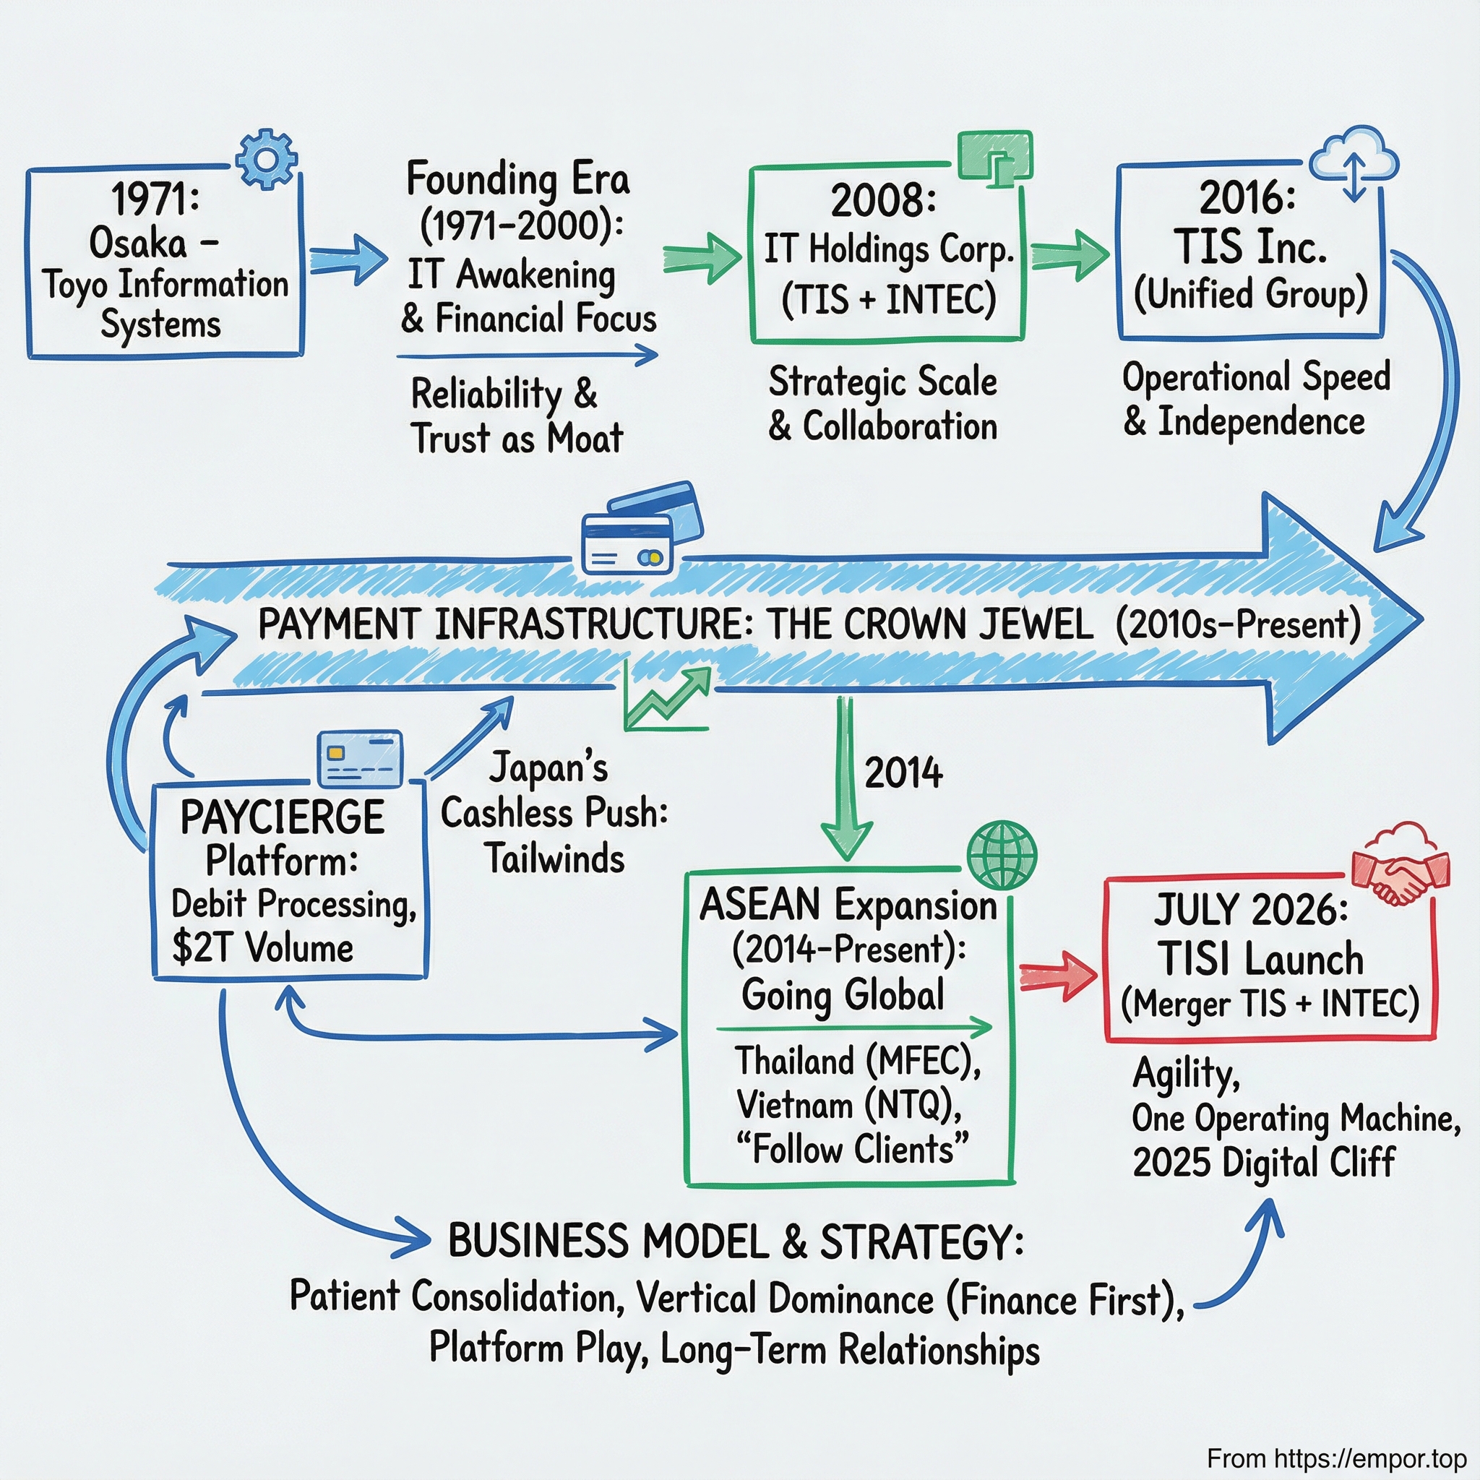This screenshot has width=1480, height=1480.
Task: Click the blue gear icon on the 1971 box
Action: pyautogui.click(x=266, y=158)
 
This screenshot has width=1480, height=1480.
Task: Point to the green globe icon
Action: pyautogui.click(x=1001, y=855)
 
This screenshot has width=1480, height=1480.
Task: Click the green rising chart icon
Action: pyautogui.click(x=666, y=698)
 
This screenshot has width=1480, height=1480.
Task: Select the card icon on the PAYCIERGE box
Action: pyautogui.click(x=360, y=758)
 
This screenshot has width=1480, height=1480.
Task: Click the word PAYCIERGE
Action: pyautogui.click(x=282, y=817)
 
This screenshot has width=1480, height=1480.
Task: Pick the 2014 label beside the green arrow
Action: pyautogui.click(x=903, y=773)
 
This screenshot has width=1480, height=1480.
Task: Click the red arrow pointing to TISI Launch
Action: pyautogui.click(x=1058, y=976)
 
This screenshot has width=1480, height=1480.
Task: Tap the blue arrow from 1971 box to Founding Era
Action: pyautogui.click(x=348, y=260)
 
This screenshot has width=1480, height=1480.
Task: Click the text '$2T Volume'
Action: pyautogui.click(x=263, y=948)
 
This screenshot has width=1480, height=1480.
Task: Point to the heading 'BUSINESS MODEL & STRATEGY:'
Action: pyautogui.click(x=735, y=1241)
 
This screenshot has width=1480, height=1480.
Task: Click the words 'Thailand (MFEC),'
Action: pyautogui.click(x=858, y=1061)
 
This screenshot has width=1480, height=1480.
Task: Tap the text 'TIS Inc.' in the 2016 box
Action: pyautogui.click(x=1250, y=246)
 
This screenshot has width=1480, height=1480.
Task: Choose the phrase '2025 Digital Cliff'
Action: pyautogui.click(x=1263, y=1163)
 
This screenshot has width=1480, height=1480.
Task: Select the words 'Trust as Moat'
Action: pyautogui.click(x=517, y=439)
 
